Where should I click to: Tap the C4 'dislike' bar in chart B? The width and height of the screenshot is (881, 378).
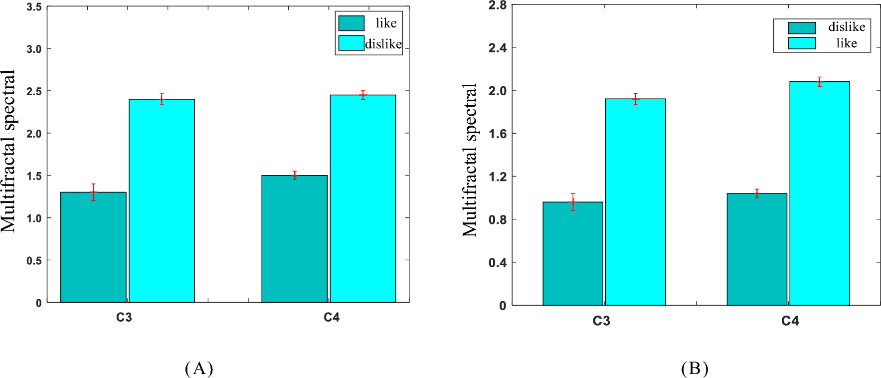point(756,249)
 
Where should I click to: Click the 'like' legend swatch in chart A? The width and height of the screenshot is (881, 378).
point(351,23)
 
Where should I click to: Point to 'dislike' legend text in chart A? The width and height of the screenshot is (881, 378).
point(383,44)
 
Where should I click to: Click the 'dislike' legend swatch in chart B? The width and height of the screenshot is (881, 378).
point(801,28)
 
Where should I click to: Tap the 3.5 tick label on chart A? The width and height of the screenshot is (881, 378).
point(34,7)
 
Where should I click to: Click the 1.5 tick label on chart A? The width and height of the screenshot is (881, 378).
point(34,176)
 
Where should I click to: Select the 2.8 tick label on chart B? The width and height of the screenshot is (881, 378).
point(497,5)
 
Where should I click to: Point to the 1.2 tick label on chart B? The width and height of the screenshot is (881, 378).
point(497,177)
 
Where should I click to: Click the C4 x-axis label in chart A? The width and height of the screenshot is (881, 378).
point(331,318)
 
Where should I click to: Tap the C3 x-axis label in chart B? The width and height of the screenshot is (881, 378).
point(601,321)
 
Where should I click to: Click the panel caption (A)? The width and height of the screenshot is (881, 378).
point(199,369)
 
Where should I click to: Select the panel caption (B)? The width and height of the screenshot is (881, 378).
point(695,369)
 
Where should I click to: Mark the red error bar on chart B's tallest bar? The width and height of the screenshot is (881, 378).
point(819,82)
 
